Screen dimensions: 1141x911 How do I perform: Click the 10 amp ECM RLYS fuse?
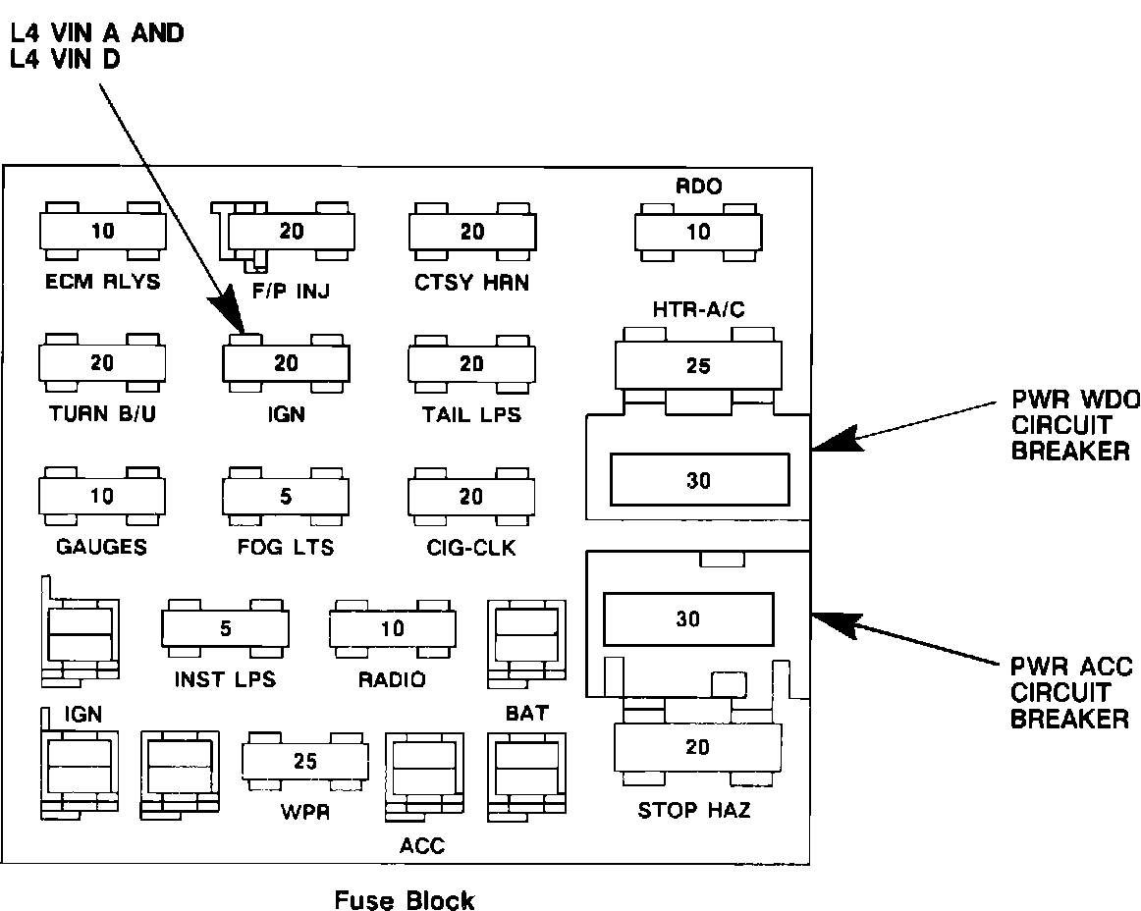[x=102, y=232]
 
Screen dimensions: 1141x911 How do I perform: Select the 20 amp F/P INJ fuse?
[x=291, y=232]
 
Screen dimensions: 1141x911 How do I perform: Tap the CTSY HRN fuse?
[x=472, y=232]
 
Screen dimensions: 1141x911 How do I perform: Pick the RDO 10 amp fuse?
[x=698, y=232]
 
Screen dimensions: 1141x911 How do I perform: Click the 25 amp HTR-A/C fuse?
[x=698, y=365]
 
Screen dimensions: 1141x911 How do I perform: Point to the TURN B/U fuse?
[x=102, y=363]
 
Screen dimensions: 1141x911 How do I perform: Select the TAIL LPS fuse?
[x=471, y=364]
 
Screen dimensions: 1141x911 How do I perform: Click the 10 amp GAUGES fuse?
[x=102, y=497]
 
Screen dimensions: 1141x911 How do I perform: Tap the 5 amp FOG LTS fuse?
[x=285, y=497]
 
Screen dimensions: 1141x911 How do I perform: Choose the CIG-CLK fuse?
[x=470, y=497]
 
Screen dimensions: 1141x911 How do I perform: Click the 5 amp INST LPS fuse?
[x=225, y=628]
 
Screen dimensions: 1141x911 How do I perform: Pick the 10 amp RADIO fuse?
[x=392, y=628]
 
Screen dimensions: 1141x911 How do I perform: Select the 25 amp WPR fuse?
[x=305, y=761]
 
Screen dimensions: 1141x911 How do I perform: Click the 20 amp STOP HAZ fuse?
[x=697, y=747]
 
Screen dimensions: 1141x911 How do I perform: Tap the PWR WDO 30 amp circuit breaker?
[x=699, y=479]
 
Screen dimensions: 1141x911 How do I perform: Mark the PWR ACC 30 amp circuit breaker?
[x=688, y=619]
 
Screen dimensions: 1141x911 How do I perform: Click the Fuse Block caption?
[x=404, y=899]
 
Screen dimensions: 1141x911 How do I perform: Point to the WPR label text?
[x=305, y=811]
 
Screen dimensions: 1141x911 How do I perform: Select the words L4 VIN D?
[x=65, y=59]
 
